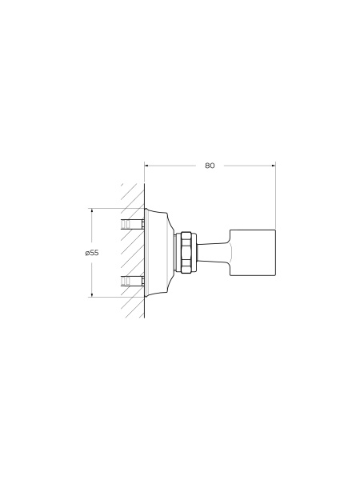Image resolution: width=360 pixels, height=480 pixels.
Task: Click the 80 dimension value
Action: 210,166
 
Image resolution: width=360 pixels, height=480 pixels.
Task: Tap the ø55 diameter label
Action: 92,253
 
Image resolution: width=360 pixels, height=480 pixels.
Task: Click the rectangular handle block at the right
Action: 253,253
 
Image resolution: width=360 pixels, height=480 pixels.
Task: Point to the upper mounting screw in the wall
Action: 133,224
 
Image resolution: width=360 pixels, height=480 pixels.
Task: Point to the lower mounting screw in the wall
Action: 133,281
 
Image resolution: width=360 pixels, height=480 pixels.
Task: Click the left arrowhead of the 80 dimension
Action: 146,166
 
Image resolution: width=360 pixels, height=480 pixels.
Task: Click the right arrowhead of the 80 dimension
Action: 274,166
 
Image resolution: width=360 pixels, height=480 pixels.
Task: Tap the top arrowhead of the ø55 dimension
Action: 92,210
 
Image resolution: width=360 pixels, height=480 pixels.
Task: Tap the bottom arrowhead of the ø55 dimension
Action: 92,294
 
